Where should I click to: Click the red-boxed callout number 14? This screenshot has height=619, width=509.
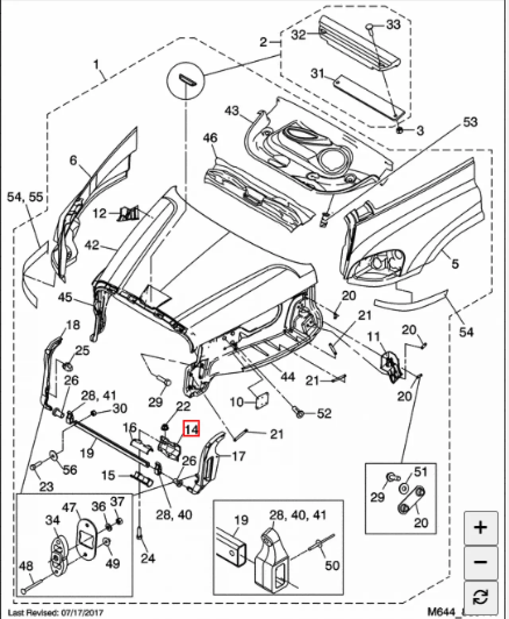pyautogui.click(x=191, y=429)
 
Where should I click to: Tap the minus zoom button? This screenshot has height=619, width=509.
pyautogui.click(x=480, y=562)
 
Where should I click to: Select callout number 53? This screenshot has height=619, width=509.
pyautogui.click(x=470, y=122)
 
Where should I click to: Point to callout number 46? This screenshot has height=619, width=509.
pyautogui.click(x=210, y=138)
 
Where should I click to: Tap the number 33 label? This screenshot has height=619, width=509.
pyautogui.click(x=393, y=25)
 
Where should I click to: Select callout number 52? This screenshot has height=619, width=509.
pyautogui.click(x=324, y=413)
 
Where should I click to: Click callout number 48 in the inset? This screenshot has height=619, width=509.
pyautogui.click(x=26, y=566)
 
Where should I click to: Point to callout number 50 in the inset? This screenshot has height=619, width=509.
pyautogui.click(x=332, y=565)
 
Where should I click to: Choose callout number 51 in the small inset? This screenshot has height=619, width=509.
pyautogui.click(x=420, y=472)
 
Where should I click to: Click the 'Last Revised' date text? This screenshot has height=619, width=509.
pyautogui.click(x=56, y=612)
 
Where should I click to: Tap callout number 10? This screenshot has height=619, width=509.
pyautogui.click(x=236, y=402)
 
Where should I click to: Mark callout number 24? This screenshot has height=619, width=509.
pyautogui.click(x=148, y=558)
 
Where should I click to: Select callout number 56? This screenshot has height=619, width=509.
pyautogui.click(x=70, y=470)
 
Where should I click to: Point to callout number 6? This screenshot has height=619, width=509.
pyautogui.click(x=73, y=160)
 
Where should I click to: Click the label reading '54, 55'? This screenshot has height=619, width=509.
pyautogui.click(x=25, y=197)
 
